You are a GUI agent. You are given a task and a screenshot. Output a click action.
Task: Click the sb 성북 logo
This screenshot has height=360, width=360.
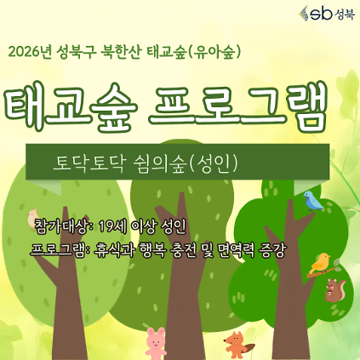click(x=322, y=14)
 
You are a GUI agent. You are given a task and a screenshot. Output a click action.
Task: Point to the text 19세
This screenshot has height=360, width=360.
click(x=112, y=226)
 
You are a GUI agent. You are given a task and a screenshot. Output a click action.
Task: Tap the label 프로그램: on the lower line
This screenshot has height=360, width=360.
click(x=59, y=250)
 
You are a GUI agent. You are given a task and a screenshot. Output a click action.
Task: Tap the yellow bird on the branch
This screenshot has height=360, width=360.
click(x=320, y=263)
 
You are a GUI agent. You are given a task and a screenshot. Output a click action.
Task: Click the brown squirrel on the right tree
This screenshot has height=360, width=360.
click(x=334, y=292)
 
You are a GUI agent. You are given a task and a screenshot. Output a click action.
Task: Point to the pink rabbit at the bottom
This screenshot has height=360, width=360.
click(x=157, y=342)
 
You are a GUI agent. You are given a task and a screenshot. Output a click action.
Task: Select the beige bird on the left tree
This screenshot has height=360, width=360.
click(x=33, y=218)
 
